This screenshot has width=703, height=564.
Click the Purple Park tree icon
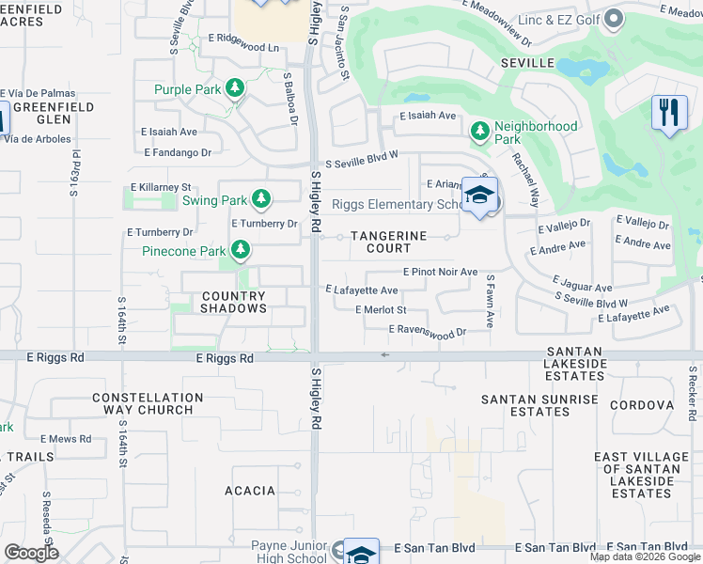point(234,89)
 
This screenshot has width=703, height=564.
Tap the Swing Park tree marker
point(261,199)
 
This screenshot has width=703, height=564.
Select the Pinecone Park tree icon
point(242,250)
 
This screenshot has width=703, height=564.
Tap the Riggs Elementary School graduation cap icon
point(480,196)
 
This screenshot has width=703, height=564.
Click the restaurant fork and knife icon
point(668,113)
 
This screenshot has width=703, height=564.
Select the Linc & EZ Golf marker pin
point(614,19)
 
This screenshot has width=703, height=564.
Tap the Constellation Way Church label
point(143,404)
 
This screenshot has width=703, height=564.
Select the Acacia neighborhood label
point(250,491)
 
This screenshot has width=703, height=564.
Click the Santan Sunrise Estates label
point(539,405)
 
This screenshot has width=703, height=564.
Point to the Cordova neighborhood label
point(642,405)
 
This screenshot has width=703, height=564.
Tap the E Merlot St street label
point(381,309)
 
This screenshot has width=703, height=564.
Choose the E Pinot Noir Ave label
point(440,272)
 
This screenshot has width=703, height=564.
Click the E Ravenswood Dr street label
point(428,331)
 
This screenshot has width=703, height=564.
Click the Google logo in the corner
point(31,553)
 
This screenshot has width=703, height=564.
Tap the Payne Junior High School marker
point(361,552)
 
